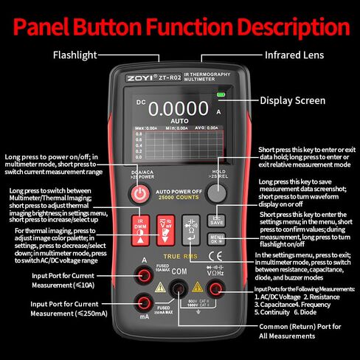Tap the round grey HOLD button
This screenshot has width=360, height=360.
click(x=216, y=193)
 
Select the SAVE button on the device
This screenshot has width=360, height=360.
click(x=216, y=219)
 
